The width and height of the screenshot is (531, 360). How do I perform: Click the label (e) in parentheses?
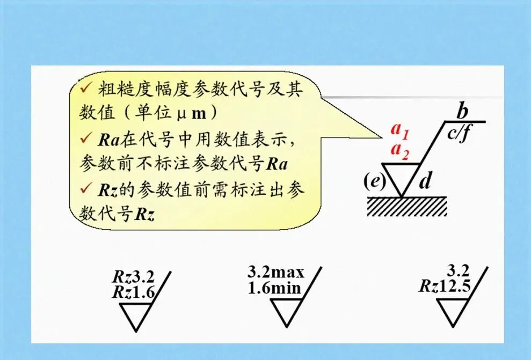[374, 181]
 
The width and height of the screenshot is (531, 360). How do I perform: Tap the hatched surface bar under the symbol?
[407, 206]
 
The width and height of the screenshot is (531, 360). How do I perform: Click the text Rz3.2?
[133, 277]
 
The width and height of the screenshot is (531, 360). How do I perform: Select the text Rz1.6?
[133, 292]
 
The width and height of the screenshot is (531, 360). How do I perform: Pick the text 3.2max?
[275, 272]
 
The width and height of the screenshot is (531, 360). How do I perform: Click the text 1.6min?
[274, 288]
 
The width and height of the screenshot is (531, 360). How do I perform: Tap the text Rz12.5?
[445, 286]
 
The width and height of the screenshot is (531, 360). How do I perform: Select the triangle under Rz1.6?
[135, 313]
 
